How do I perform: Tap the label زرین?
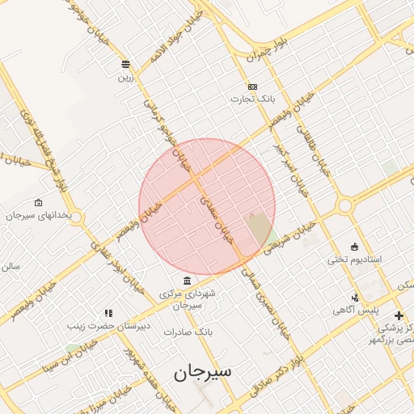[x=125, y=78]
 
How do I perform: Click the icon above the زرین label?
[x=125, y=64]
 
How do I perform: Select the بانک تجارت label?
[x=251, y=99]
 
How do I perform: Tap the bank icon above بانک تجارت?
[x=252, y=87]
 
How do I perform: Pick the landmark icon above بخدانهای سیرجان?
[x=38, y=202]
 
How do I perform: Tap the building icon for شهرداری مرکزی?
[x=188, y=281]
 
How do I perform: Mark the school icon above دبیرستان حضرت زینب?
[x=108, y=313]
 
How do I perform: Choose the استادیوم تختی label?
[x=354, y=260]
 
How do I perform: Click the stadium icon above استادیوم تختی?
[x=354, y=246]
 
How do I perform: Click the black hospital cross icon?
[x=398, y=315]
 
